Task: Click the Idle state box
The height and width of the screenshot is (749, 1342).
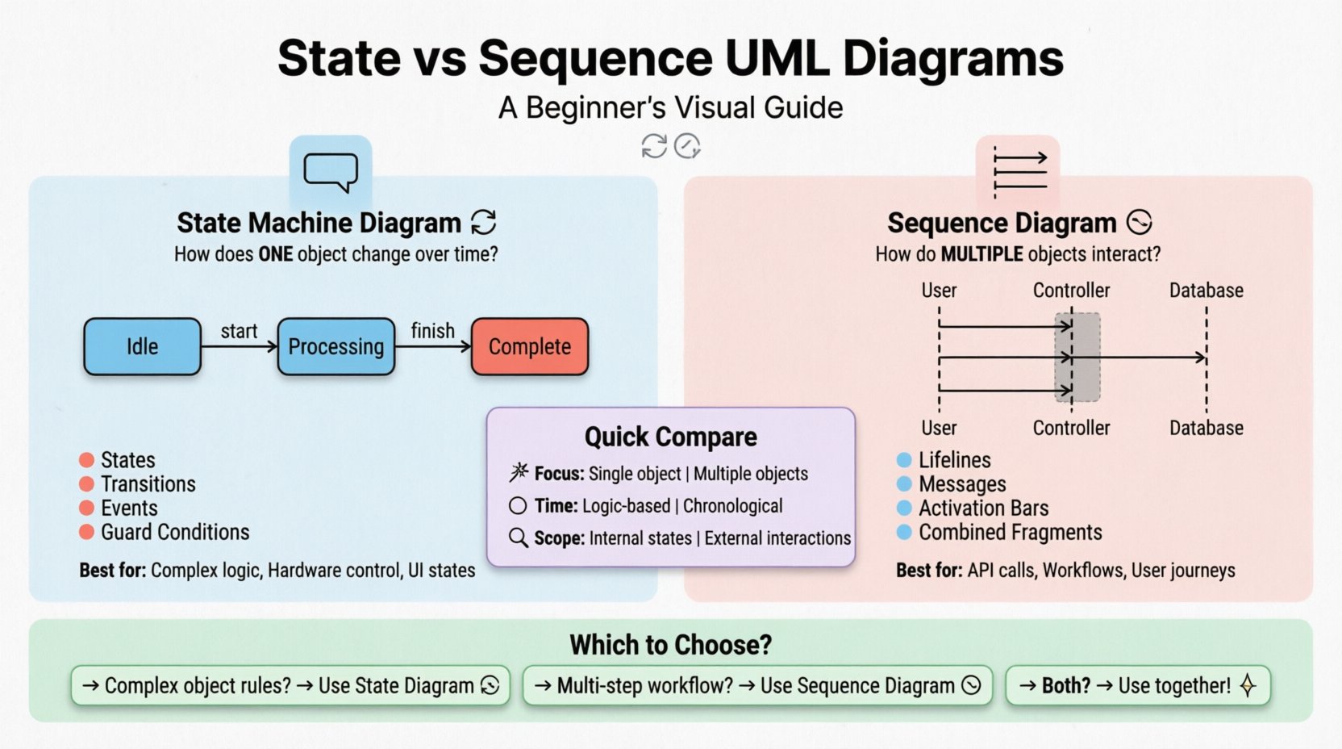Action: point(142,346)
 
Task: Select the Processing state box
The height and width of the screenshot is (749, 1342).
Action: point(336,346)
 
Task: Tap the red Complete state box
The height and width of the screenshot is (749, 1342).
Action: point(530,346)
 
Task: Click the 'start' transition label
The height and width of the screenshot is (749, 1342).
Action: point(239,331)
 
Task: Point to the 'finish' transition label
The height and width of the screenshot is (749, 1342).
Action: point(432,331)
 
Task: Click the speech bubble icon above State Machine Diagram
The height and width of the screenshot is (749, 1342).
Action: point(331,172)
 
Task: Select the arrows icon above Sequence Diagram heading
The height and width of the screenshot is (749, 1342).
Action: point(1019,172)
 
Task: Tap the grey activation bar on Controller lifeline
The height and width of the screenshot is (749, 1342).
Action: point(1078,357)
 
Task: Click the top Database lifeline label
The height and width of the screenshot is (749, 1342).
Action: point(1206,291)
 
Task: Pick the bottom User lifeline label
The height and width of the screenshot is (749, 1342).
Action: point(939,428)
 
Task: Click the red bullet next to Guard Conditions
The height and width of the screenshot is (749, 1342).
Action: point(87,532)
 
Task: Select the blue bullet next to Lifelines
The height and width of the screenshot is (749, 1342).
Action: point(904,460)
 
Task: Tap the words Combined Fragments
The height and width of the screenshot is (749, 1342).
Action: point(1010,533)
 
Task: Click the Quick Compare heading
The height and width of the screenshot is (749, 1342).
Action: point(670,437)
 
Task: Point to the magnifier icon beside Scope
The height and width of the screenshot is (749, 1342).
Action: point(519,538)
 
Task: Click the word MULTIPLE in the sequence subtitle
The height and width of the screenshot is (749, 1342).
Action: point(981,254)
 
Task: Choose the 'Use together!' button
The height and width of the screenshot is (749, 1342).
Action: point(1137,685)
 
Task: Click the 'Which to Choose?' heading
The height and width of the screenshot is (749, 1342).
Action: point(670,645)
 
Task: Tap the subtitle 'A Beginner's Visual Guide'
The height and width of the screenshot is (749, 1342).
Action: point(670,107)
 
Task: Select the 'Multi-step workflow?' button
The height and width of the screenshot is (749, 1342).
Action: point(756,685)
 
